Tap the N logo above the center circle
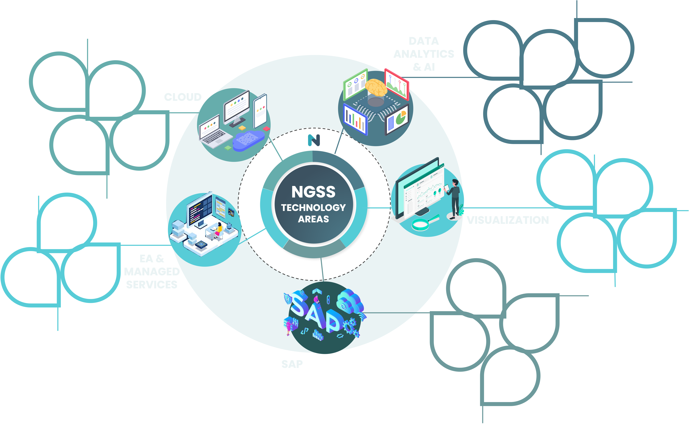(314, 140)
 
